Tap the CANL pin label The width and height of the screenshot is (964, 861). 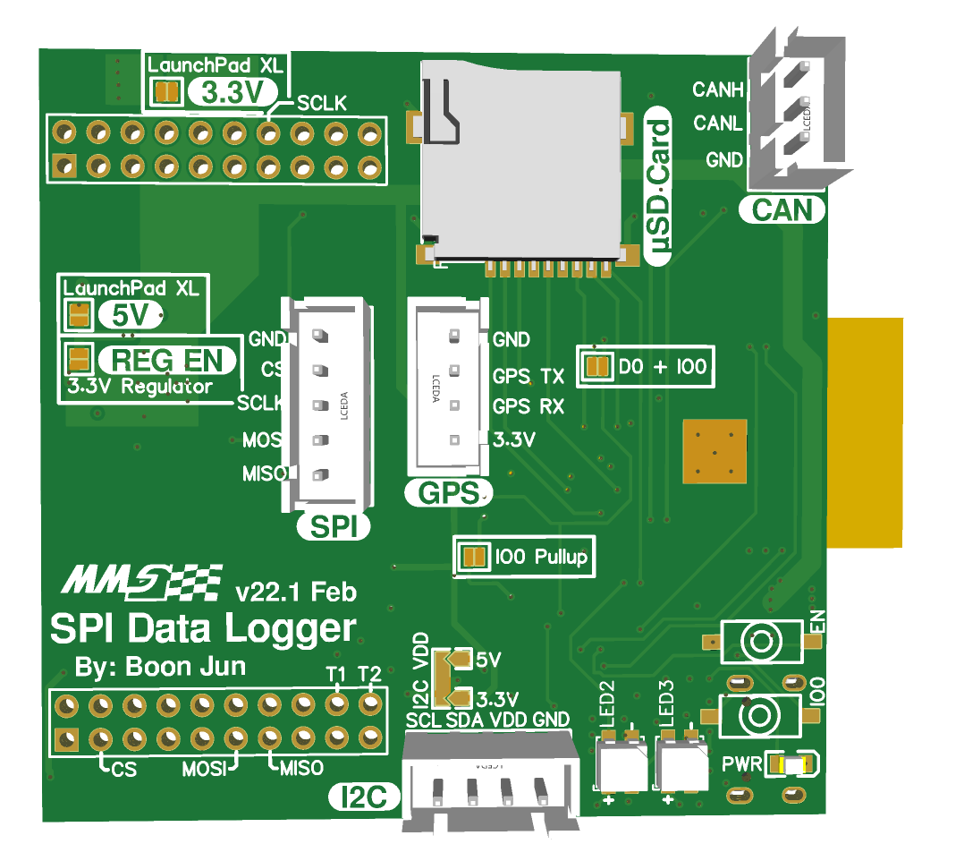pos(717,124)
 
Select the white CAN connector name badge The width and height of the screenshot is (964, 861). pos(782,210)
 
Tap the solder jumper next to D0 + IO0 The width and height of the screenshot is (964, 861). pos(596,366)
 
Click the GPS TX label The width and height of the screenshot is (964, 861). pos(528,374)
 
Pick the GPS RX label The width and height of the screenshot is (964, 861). pos(528,406)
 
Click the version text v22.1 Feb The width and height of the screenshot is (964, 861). pos(295,592)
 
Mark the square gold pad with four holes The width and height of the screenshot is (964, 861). pos(714,450)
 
